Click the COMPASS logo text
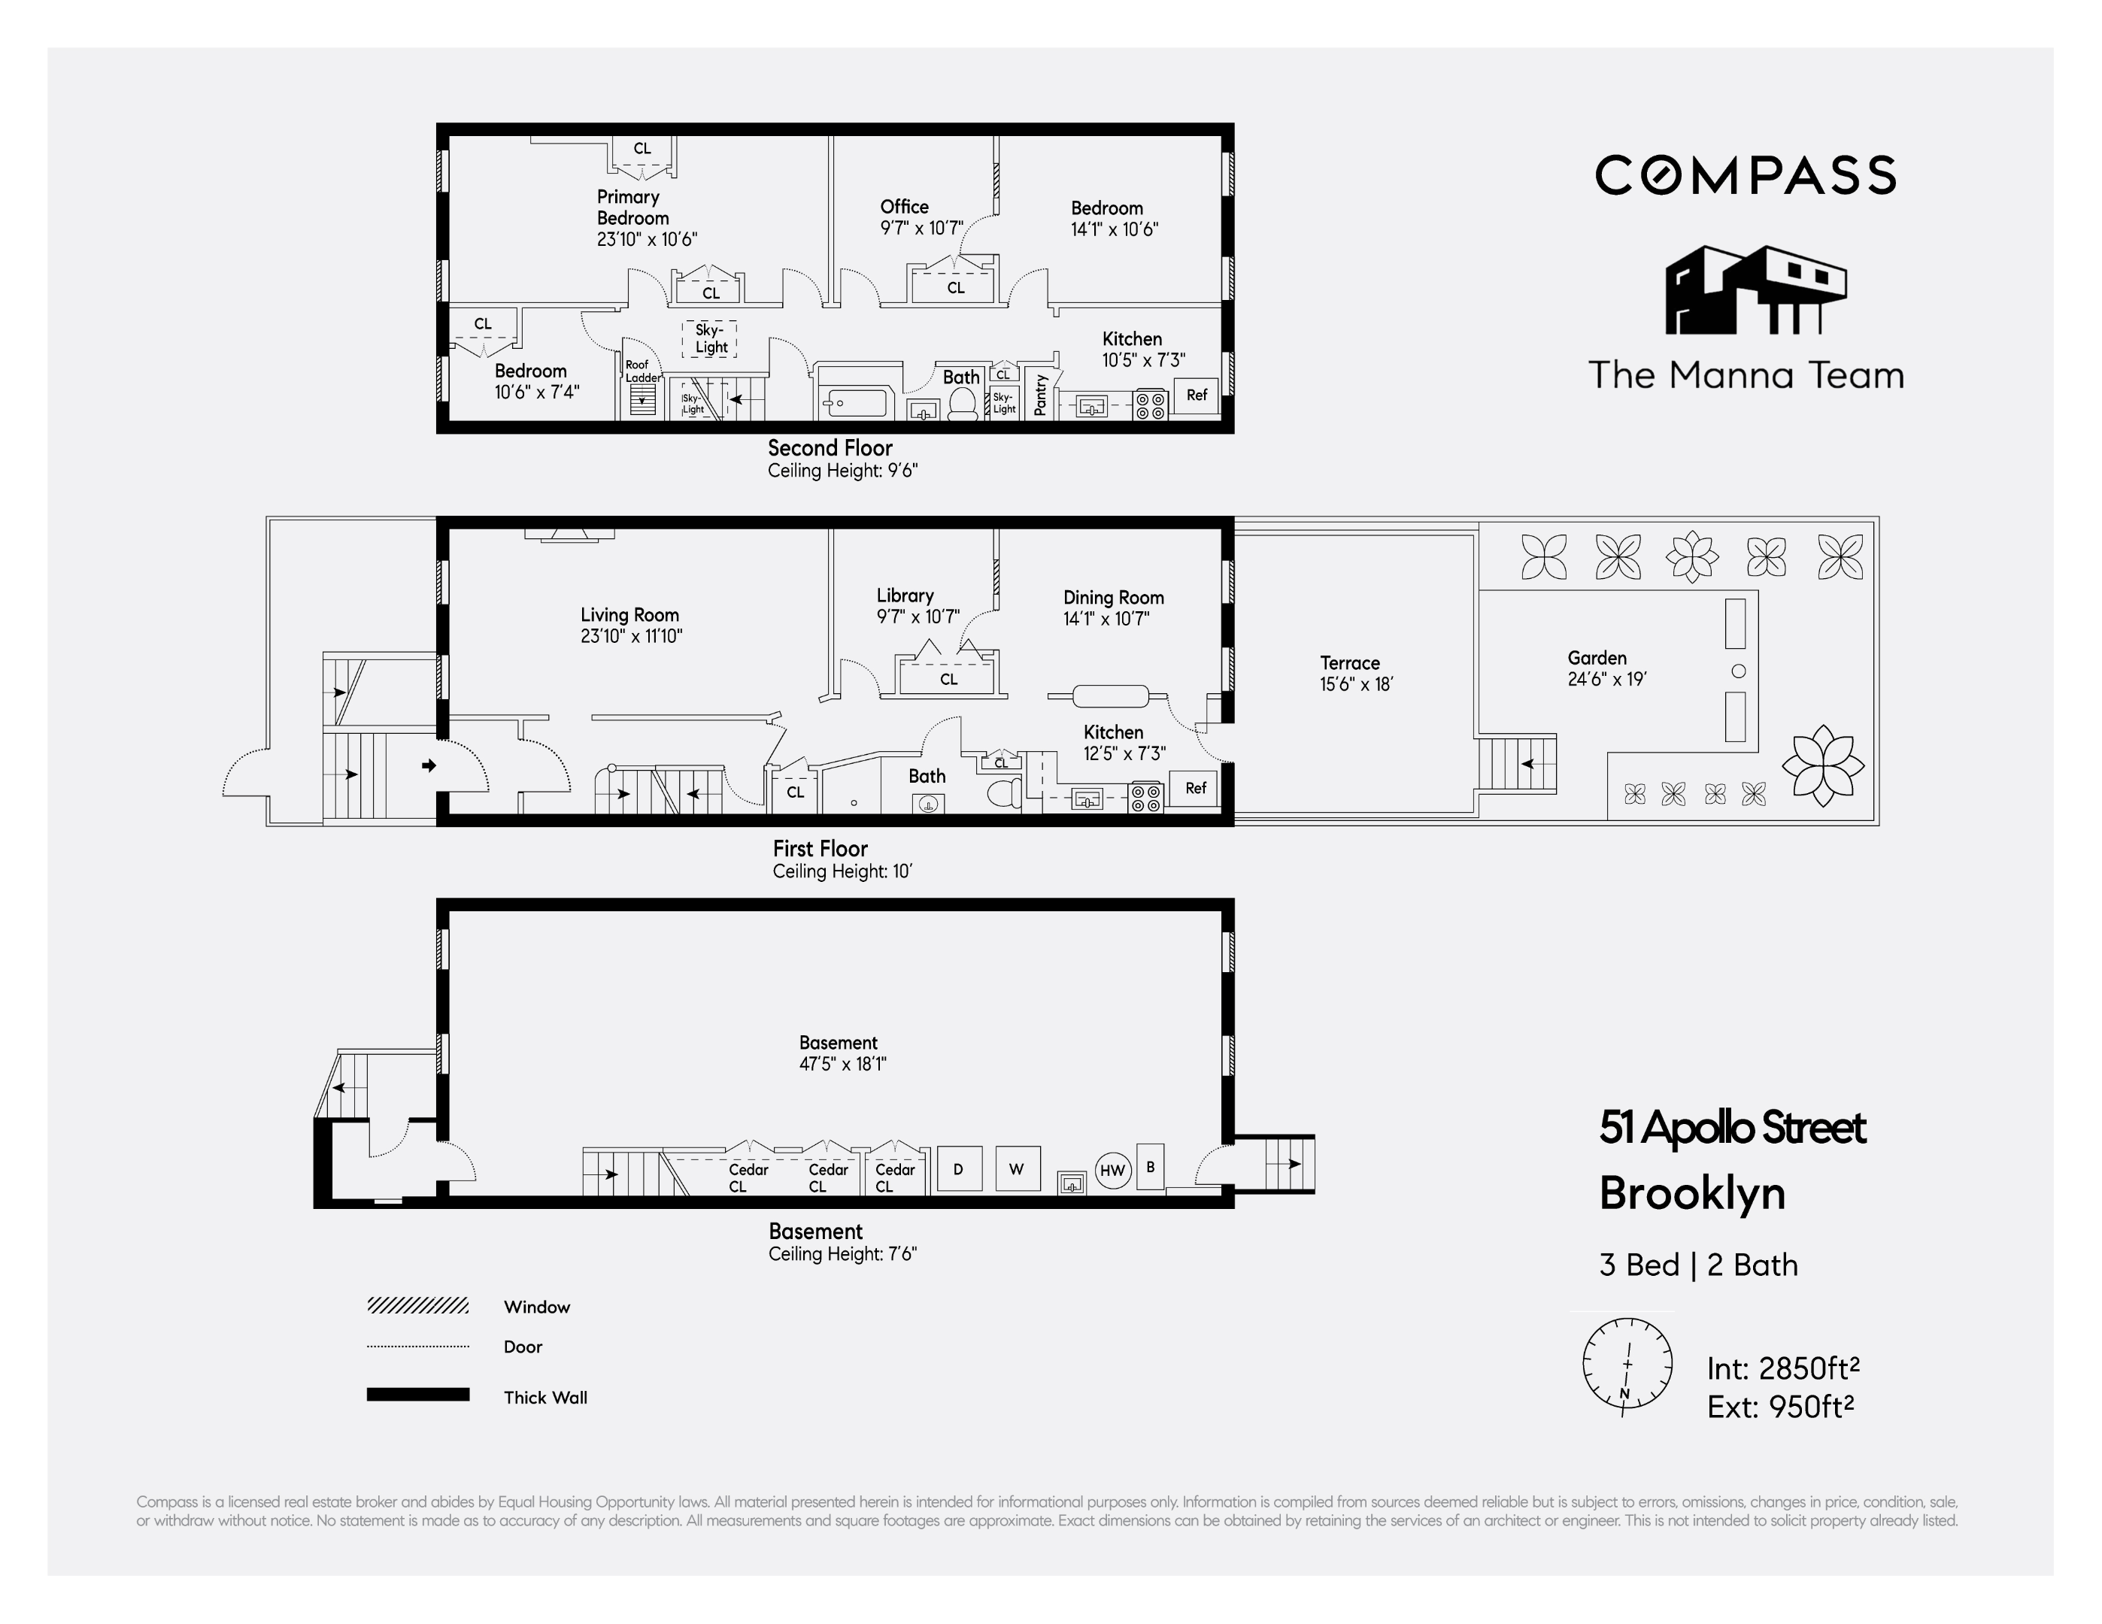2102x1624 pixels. point(1745,175)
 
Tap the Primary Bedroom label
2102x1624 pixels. point(632,208)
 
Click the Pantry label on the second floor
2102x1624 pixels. point(1039,395)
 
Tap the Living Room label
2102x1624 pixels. point(630,624)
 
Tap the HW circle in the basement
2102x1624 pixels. point(1112,1171)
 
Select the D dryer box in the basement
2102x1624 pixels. point(959,1169)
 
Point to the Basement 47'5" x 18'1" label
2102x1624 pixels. point(842,1053)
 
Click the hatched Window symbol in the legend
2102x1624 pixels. point(417,1305)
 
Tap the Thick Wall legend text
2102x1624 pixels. point(544,1397)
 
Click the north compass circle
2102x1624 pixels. point(1627,1365)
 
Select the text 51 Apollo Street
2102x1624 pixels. point(1731,1128)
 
